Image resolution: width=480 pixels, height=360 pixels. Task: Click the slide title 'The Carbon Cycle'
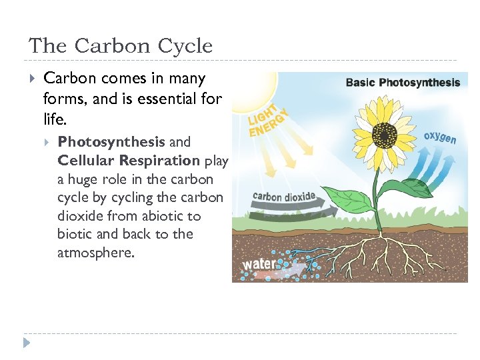(x=121, y=46)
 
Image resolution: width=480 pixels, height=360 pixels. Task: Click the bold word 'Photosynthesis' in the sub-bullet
(x=111, y=142)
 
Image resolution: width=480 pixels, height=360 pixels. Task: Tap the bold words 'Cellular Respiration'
(x=129, y=161)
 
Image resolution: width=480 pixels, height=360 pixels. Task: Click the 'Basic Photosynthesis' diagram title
(x=403, y=83)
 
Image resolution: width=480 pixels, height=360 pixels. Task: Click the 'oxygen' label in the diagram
(x=440, y=137)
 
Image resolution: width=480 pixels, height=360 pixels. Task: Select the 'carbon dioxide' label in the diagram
(x=284, y=197)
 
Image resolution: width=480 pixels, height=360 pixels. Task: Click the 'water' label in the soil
(x=258, y=263)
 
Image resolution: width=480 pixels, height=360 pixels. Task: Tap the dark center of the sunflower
(x=383, y=136)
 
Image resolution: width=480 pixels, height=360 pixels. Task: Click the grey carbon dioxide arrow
(x=287, y=212)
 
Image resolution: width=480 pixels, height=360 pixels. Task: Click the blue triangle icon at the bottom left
(x=27, y=343)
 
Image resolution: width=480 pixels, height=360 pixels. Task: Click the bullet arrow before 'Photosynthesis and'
(x=48, y=142)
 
